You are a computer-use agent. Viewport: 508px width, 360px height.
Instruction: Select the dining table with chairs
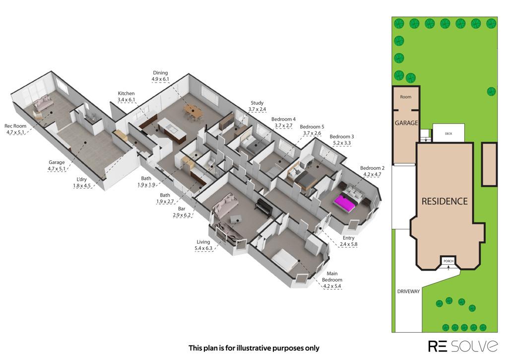click(193, 112)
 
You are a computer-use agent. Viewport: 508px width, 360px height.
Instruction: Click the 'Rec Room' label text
click(15, 126)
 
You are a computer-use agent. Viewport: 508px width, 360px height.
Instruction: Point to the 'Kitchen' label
click(126, 93)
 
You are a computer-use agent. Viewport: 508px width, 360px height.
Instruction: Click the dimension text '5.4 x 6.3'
click(203, 248)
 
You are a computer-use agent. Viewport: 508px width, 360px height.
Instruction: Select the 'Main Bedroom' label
click(332, 277)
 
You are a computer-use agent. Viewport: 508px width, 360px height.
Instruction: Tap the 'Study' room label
click(257, 103)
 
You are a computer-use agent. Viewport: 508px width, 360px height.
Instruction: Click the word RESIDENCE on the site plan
click(444, 202)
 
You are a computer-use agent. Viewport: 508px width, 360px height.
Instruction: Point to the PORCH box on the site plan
click(448, 261)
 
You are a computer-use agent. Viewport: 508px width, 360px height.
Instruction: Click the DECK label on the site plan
click(448, 134)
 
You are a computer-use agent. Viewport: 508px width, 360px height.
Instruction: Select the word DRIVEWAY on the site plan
click(409, 291)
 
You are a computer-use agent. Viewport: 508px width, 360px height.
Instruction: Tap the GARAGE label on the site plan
click(406, 123)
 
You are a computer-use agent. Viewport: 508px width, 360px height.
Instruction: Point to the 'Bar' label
click(182, 209)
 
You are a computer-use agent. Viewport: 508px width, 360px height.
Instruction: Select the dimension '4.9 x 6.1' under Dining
click(160, 79)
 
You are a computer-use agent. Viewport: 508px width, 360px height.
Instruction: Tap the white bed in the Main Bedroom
click(285, 260)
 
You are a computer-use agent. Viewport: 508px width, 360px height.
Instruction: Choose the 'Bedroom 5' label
click(312, 127)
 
